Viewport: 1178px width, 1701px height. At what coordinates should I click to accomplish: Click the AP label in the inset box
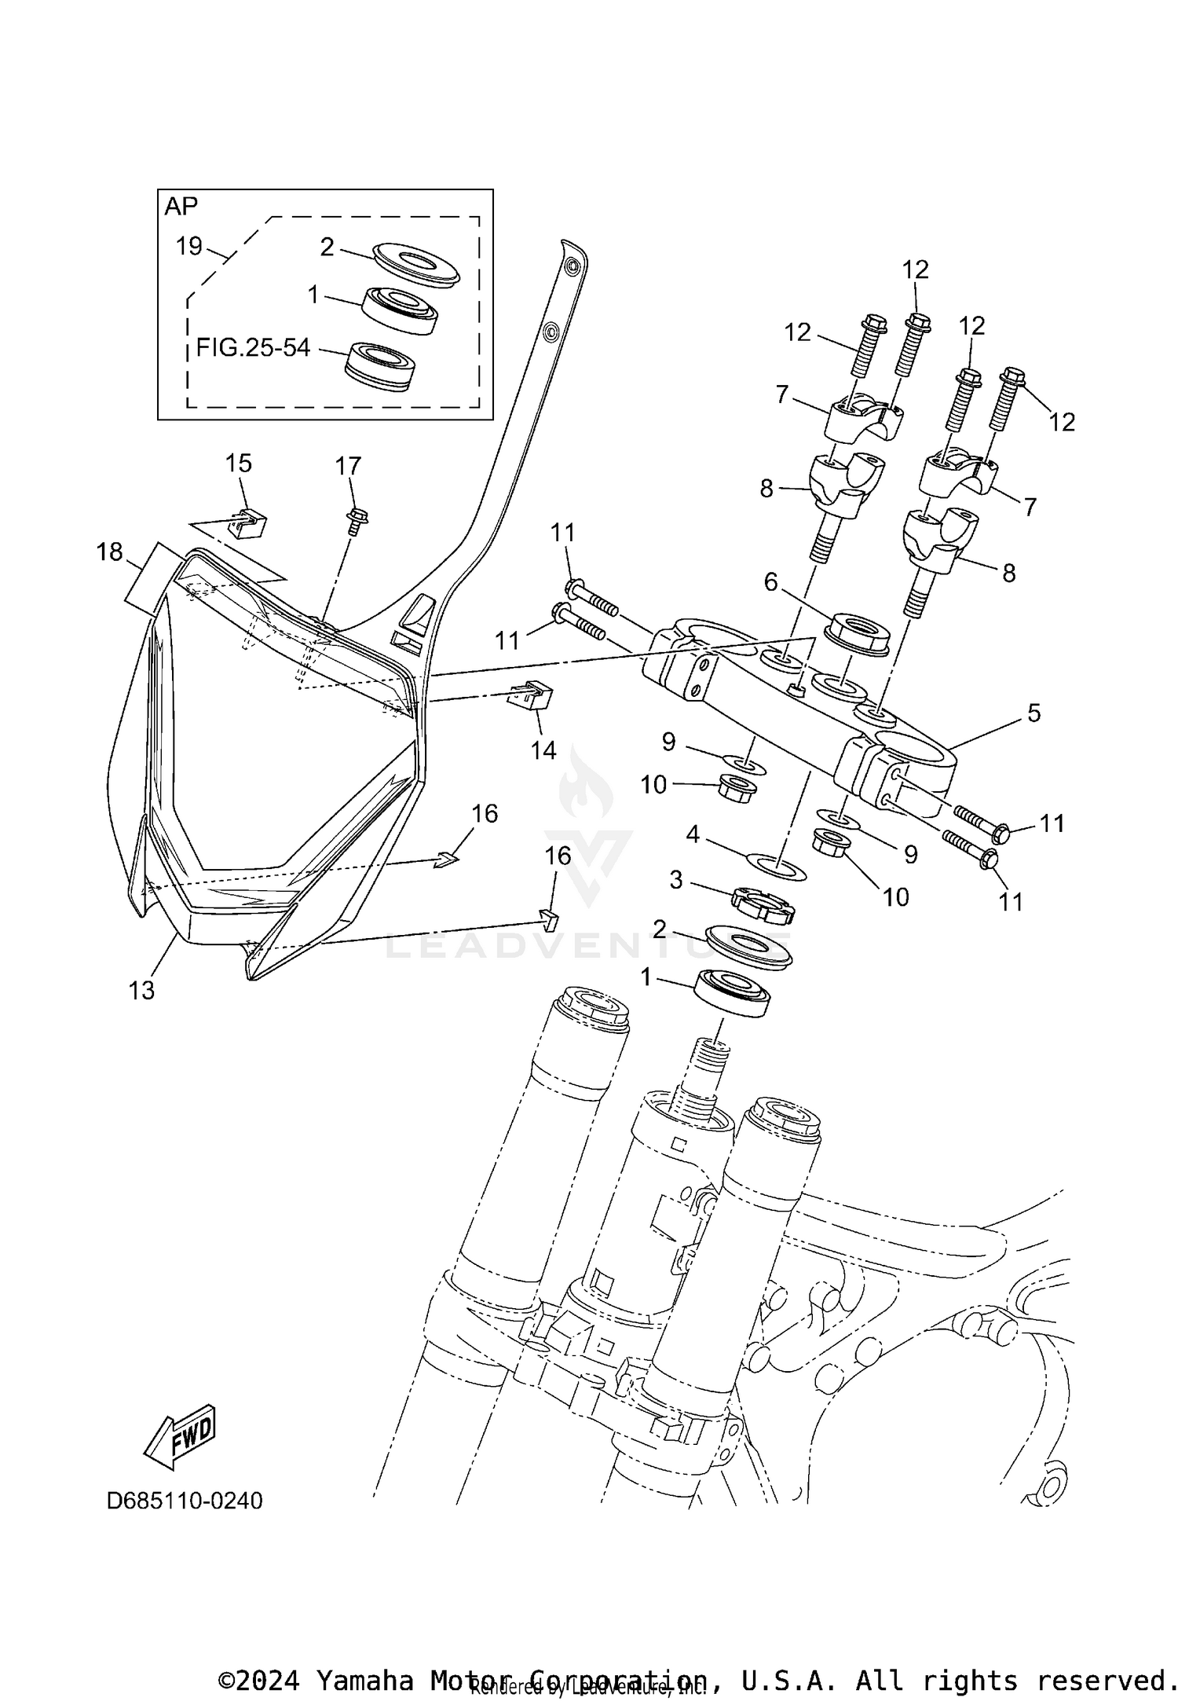click(181, 207)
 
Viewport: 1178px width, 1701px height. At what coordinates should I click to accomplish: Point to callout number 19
click(189, 246)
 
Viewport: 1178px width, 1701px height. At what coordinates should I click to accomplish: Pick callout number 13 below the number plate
click(141, 990)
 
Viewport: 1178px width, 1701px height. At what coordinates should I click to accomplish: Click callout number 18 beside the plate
click(110, 552)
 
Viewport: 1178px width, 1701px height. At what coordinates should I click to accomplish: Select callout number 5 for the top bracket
click(1033, 713)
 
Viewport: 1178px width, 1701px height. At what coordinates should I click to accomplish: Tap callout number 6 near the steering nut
click(770, 582)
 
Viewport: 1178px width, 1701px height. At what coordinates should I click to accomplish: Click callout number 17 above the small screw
click(348, 466)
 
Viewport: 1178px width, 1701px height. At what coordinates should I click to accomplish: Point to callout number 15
click(239, 463)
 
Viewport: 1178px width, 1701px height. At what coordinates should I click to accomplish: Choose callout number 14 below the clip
click(543, 750)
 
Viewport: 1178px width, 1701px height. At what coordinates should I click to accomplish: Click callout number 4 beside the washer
click(692, 834)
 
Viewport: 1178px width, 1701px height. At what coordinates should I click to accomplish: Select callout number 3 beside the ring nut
click(675, 880)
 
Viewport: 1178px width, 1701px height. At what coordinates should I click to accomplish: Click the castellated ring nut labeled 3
click(763, 905)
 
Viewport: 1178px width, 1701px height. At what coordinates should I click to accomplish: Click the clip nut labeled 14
click(532, 695)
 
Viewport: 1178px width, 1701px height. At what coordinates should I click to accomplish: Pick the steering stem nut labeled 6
click(859, 631)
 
